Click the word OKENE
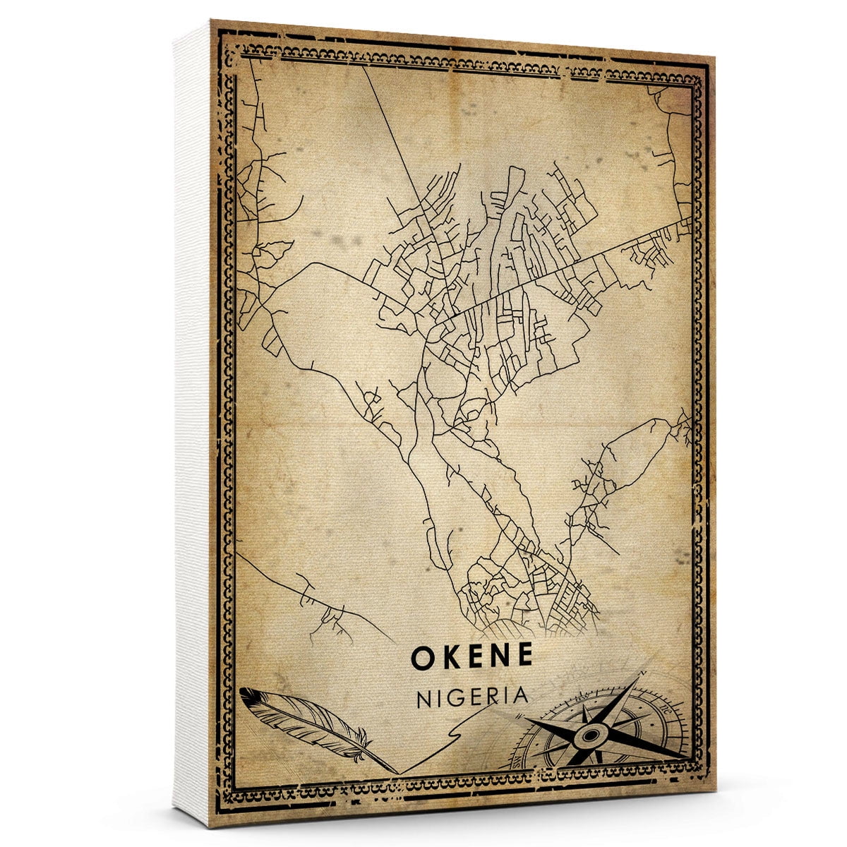[471, 656]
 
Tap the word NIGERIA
[472, 696]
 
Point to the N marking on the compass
[641, 675]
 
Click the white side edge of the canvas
[192, 423]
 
